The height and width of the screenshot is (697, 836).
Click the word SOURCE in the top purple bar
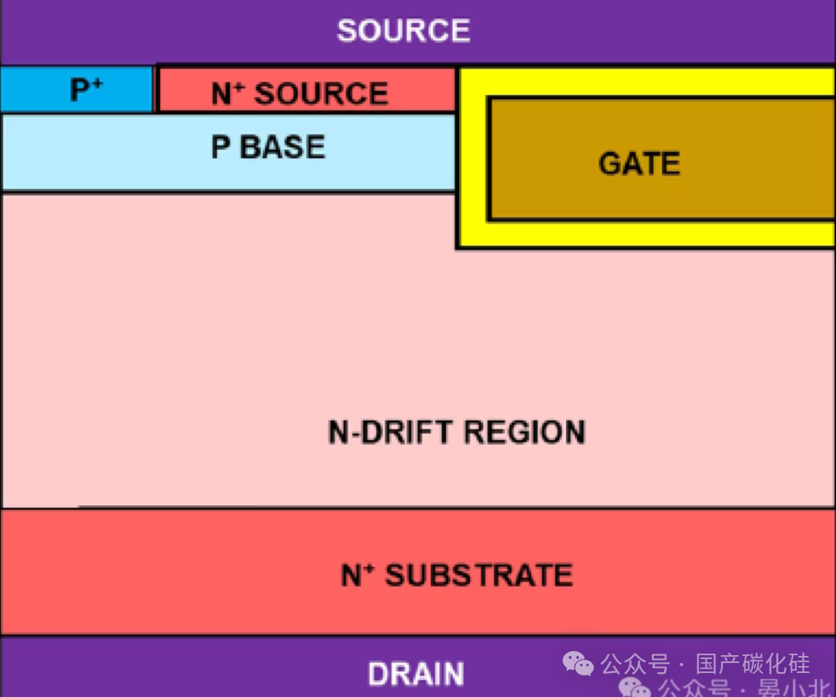click(403, 31)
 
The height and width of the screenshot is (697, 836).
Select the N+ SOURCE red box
click(307, 90)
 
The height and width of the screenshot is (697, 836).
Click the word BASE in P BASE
click(283, 147)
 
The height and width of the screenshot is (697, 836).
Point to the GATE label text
click(639, 164)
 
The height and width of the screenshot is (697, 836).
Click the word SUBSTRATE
click(479, 575)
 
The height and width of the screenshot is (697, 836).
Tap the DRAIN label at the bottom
click(416, 674)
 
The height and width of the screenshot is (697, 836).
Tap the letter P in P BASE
click(221, 147)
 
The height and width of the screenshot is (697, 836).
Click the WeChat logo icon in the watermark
click(577, 664)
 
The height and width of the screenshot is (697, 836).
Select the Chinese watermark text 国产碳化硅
click(752, 664)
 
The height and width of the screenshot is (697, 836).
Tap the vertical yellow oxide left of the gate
click(472, 163)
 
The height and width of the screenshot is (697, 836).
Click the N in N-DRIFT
click(338, 431)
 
